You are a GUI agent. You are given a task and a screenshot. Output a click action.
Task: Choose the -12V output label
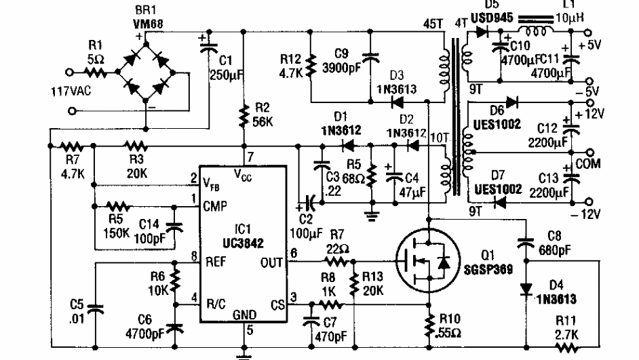tap(595, 216)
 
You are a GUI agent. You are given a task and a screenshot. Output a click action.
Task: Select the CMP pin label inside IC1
tap(215, 205)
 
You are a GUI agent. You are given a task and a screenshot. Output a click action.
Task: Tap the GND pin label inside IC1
tap(244, 315)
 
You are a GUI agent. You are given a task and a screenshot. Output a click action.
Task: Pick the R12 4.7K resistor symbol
tap(311, 68)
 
